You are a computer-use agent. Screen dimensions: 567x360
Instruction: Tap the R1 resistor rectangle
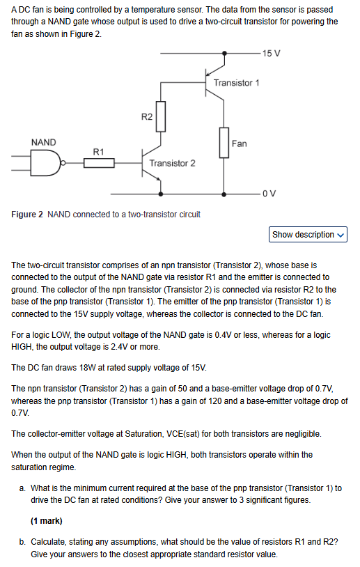pos(99,163)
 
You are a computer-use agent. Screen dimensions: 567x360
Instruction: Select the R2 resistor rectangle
pos(161,116)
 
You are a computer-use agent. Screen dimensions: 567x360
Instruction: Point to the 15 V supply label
pos(272,54)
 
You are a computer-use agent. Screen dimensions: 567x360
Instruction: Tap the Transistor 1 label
pos(237,83)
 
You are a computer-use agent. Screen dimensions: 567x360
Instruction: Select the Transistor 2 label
pos(172,163)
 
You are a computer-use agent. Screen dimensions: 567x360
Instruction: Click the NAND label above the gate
pos(43,142)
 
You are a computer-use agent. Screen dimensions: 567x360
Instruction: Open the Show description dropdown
pos(308,235)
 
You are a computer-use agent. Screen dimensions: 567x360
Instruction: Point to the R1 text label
pos(99,151)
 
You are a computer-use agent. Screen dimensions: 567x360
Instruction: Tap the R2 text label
pos(146,116)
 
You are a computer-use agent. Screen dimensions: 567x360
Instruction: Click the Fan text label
pos(240,143)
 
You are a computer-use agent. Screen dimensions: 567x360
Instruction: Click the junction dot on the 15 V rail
pos(224,54)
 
